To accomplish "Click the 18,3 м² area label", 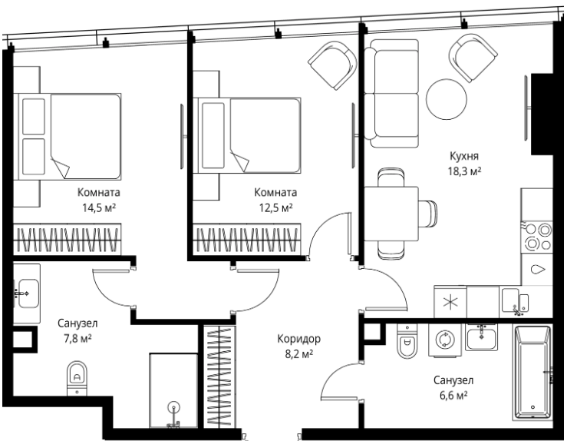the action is tap(465, 171).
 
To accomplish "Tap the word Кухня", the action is tap(464, 156).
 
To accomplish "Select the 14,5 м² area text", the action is tap(99, 208).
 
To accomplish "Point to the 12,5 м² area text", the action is tap(275, 208).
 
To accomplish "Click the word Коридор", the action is tap(298, 340).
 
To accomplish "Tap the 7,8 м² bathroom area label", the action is tap(77, 339).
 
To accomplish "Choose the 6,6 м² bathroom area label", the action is tap(453, 396).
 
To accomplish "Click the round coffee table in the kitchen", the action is tap(447, 99).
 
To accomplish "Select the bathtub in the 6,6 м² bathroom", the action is tap(532, 373).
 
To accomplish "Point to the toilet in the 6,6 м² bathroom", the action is tap(407, 341).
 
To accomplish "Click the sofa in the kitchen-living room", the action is tap(391, 94).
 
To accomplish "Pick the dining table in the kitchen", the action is tap(391, 214).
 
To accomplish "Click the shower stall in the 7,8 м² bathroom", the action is tap(174, 390).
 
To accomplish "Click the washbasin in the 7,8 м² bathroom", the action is tap(27, 293).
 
